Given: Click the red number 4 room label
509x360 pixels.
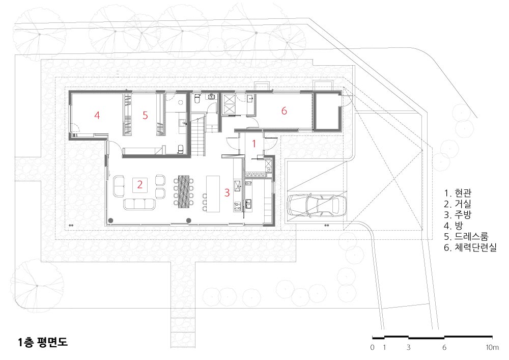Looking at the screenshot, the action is coord(97,115).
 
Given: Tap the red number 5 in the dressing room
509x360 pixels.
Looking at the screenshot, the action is coord(145,115).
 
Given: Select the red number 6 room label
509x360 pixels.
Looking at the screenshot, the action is coord(284,110).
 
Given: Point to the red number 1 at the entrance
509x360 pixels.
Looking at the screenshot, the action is coord(254,144).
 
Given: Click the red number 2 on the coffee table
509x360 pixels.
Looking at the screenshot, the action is coord(140,184).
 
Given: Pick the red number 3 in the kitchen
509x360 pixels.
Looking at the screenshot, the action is coord(227,192).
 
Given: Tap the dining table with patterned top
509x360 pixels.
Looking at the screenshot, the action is coord(184,191).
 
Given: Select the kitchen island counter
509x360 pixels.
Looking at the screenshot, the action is coord(213,194).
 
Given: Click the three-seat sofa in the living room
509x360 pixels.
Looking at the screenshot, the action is coord(139,204).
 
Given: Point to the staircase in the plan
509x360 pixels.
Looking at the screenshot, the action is coord(197,136).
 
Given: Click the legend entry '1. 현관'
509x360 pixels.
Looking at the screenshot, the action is coord(458,193).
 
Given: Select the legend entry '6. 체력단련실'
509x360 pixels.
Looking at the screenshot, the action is coord(470,247).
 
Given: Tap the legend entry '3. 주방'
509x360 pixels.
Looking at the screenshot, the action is coord(458,214).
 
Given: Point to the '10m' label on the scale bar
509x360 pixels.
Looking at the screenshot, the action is coord(492,347).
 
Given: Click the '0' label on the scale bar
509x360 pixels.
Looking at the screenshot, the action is coord(373,347).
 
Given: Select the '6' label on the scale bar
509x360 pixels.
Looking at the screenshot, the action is coord(444,347).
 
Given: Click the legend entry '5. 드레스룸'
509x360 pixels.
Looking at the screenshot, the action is coord(466,236).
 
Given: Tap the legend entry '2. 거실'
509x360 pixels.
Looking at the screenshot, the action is coord(458,204).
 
